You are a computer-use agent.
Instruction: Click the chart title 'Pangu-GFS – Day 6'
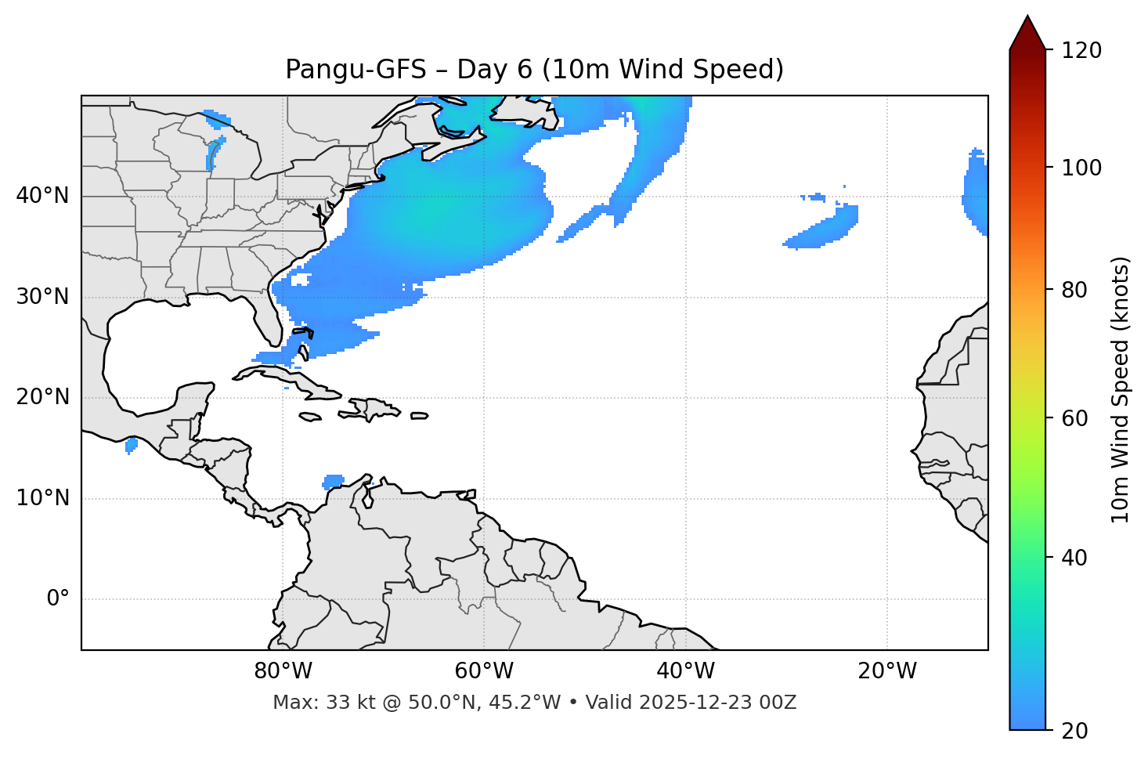point(534,70)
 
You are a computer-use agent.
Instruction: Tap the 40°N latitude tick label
point(42,196)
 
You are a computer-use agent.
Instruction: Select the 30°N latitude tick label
point(42,297)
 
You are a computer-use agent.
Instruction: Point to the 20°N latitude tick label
point(42,397)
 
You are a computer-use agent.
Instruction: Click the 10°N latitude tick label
point(42,498)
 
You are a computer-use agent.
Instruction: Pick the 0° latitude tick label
point(58,599)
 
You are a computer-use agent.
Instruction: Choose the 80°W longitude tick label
point(283,671)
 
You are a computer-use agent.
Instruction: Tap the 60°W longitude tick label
point(484,671)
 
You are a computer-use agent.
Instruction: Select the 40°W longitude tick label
point(685,671)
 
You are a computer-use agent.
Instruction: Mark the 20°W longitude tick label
point(886,671)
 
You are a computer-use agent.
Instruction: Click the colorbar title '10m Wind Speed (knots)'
point(1121,390)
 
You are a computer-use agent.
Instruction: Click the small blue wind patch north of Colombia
point(334,481)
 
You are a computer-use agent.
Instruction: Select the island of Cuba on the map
point(290,378)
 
